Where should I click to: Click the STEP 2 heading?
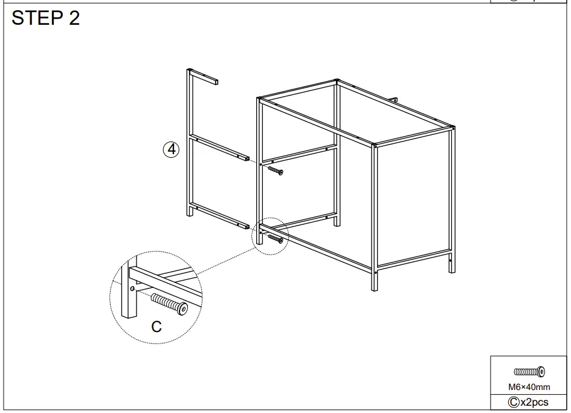coord(46,18)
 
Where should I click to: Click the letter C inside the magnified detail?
coord(156,327)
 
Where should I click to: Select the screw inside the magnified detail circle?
coord(169,303)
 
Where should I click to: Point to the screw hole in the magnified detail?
coord(132,290)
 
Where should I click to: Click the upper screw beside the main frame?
coord(274,171)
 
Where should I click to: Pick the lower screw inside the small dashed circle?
coord(274,239)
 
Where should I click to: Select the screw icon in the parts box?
coord(529,371)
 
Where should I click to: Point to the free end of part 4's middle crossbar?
coord(246,158)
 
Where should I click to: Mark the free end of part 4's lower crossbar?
coord(246,226)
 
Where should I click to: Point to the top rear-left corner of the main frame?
coord(337,80)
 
